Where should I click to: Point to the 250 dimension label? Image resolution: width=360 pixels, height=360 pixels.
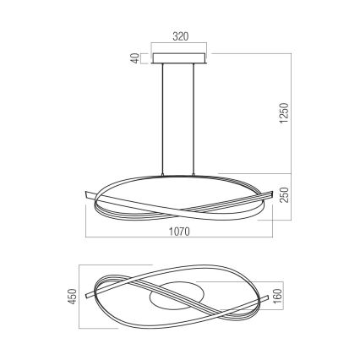click(285, 194)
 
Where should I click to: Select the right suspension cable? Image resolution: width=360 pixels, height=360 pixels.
click(198, 118)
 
